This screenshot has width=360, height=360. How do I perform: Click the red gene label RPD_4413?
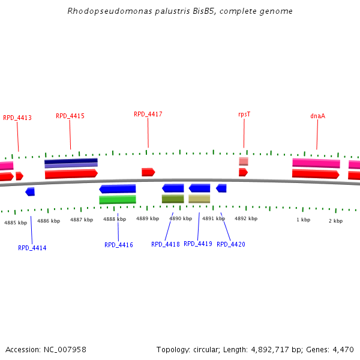[x=17, y=118]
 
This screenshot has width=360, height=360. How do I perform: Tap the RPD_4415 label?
[x=70, y=116]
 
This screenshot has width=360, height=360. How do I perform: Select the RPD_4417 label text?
[x=148, y=114]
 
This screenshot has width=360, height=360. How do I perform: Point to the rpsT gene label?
[x=244, y=114]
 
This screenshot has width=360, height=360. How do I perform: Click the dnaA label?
[x=317, y=116]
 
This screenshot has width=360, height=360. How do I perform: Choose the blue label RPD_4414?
[x=32, y=248]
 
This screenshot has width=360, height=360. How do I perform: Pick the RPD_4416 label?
[x=119, y=245]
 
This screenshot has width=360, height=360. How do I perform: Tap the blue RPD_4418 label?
[x=166, y=244]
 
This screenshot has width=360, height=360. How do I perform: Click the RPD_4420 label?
[x=231, y=244]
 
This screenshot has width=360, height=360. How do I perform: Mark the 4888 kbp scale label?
[x=115, y=220]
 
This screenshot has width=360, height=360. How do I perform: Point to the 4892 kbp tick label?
[x=246, y=219]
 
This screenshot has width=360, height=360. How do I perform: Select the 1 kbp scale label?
[x=303, y=220]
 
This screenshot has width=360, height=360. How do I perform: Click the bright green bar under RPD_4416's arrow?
[x=118, y=200]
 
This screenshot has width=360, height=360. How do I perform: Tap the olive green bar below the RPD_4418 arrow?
[x=173, y=199]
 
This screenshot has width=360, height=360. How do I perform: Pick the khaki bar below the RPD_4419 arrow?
[x=199, y=199]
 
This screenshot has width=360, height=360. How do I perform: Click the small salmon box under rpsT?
[x=244, y=161]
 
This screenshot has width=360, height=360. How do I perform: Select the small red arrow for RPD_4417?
[x=148, y=172]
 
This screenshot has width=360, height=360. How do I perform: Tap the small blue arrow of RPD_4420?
[x=221, y=188]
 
